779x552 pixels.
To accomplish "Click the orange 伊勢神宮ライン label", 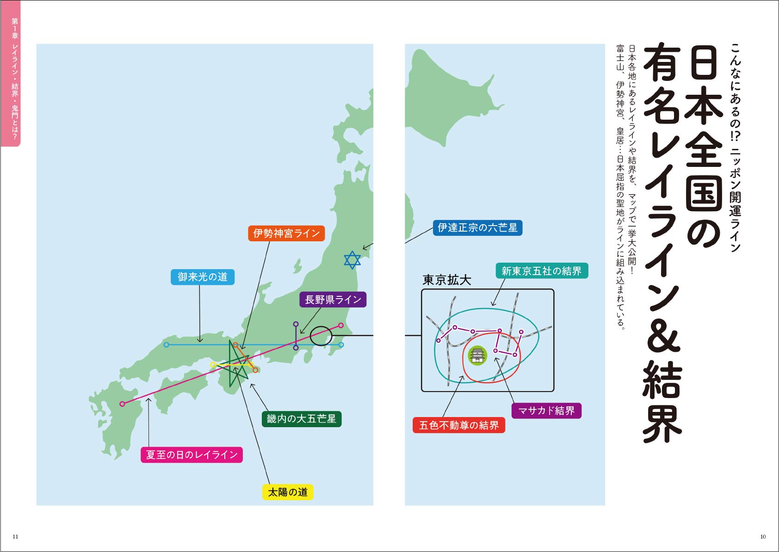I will click(x=286, y=233).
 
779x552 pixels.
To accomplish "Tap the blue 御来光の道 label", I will click(x=203, y=277).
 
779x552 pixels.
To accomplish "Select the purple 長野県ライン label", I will click(x=333, y=300).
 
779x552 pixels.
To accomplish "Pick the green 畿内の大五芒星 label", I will click(x=301, y=419).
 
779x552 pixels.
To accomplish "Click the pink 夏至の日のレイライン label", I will click(x=192, y=455).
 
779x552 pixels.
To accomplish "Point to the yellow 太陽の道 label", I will click(x=288, y=492).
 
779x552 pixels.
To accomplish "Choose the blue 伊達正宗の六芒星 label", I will click(x=477, y=227).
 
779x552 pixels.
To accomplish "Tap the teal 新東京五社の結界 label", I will click(x=542, y=271).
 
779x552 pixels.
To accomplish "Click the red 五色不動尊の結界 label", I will click(x=458, y=425).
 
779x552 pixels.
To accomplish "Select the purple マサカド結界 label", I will click(x=546, y=411).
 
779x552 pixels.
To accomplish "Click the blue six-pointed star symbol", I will click(x=352, y=260).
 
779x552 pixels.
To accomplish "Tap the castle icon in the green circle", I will click(x=477, y=356).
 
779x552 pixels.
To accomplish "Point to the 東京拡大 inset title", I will click(x=446, y=280).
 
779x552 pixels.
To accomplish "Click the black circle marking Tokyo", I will click(x=321, y=336).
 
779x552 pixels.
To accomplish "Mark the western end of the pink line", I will click(x=122, y=404).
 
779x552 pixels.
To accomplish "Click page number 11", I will click(x=15, y=537).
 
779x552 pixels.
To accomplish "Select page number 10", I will click(x=763, y=537).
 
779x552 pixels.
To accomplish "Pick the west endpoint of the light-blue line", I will click(x=166, y=345).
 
